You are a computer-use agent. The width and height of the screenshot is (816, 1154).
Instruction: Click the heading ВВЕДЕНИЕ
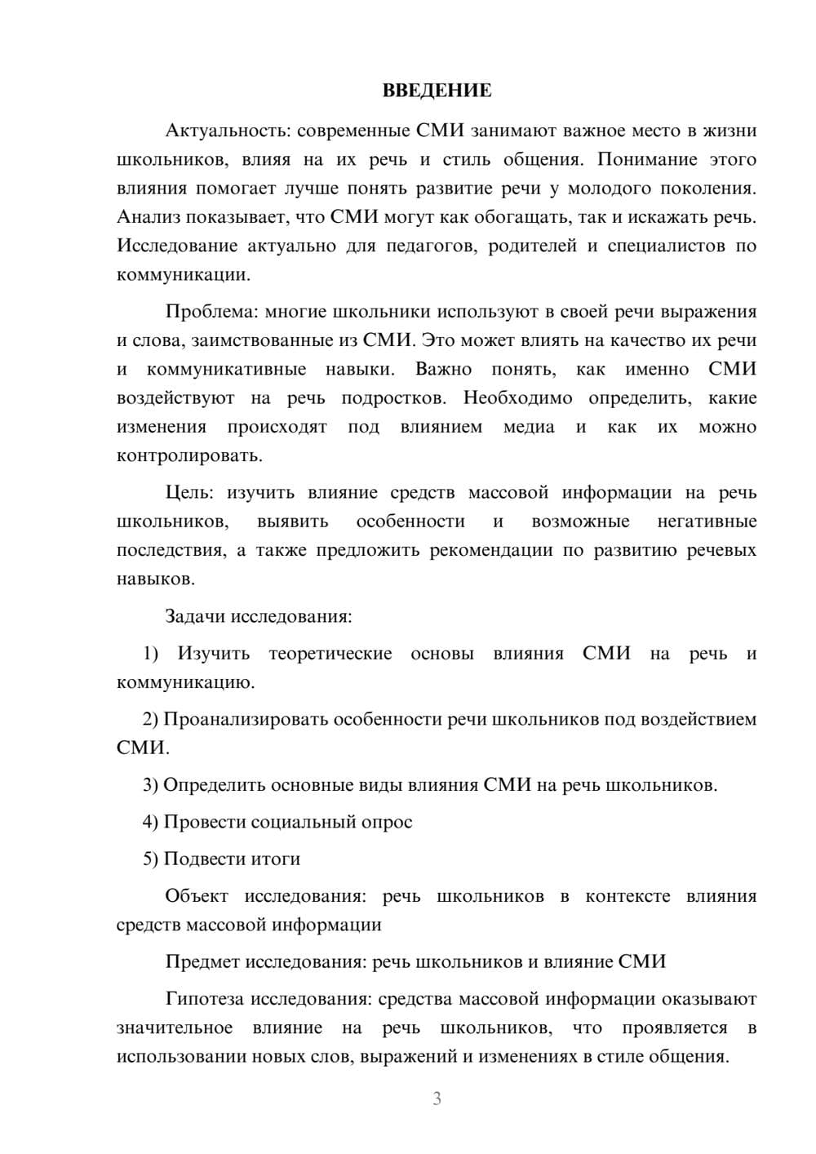tap(437, 91)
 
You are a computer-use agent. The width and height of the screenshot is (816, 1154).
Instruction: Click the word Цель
tap(188, 493)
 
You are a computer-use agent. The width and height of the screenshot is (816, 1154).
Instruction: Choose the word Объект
tap(197, 896)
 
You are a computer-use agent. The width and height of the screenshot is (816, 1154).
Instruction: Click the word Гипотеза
tap(205, 999)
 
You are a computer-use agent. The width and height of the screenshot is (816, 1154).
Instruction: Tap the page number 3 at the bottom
tap(437, 1099)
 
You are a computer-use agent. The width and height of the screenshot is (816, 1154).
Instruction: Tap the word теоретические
tap(330, 654)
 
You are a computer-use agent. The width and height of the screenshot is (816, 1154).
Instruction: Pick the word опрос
tap(386, 822)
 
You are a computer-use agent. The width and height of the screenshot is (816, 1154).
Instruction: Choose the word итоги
tap(276, 859)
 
